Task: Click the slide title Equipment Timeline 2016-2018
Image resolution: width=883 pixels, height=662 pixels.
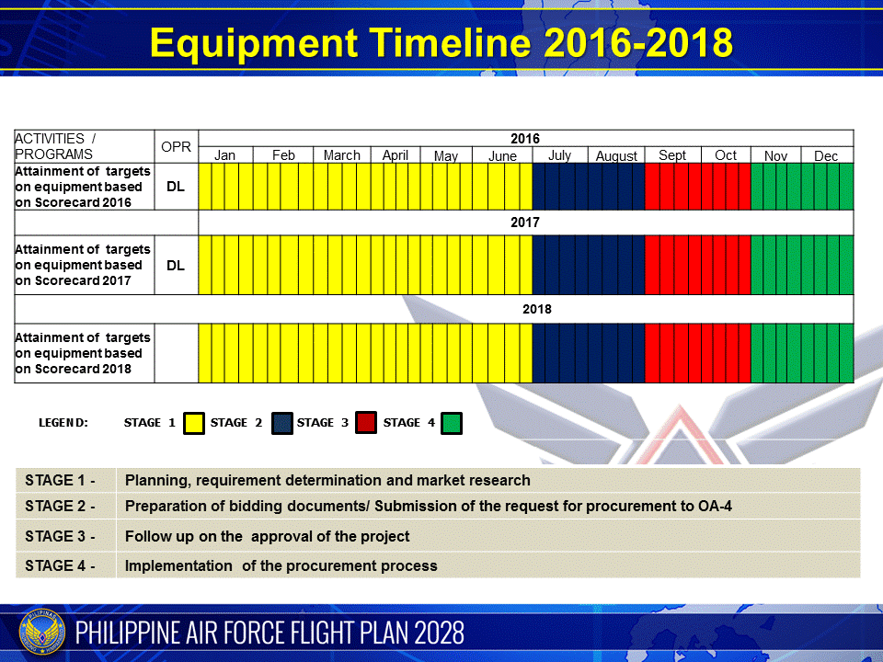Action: point(441,43)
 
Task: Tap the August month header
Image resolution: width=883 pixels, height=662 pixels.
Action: point(616,156)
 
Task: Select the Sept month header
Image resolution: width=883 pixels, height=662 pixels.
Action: point(672,155)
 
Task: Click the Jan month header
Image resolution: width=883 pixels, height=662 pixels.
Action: point(224,155)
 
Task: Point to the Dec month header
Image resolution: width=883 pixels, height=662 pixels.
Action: point(826,156)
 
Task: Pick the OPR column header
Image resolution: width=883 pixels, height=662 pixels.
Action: point(176,147)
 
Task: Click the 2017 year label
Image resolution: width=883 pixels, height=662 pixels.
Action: point(525,223)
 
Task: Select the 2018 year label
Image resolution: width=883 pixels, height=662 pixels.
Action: point(536,309)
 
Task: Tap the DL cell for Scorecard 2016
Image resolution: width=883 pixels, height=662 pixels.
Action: point(176,187)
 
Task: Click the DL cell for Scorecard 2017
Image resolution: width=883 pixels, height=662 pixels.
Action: point(176,265)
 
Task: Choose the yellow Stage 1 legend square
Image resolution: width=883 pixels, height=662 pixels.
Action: point(194,423)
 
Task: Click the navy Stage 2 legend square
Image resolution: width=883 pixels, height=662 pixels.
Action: point(281,423)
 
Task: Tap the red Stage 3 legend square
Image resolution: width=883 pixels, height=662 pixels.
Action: point(366,423)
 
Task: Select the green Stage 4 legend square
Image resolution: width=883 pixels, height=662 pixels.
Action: point(452,423)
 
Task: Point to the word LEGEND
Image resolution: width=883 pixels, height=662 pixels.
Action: point(63,423)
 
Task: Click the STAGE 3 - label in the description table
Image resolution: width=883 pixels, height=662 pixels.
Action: point(60,536)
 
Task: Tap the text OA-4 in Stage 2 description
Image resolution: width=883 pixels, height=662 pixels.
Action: point(716,506)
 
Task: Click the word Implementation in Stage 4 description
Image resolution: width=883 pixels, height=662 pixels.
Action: point(178,565)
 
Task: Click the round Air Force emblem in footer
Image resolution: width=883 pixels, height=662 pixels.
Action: point(42,633)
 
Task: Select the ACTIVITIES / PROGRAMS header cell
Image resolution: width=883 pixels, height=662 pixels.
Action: point(85,146)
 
